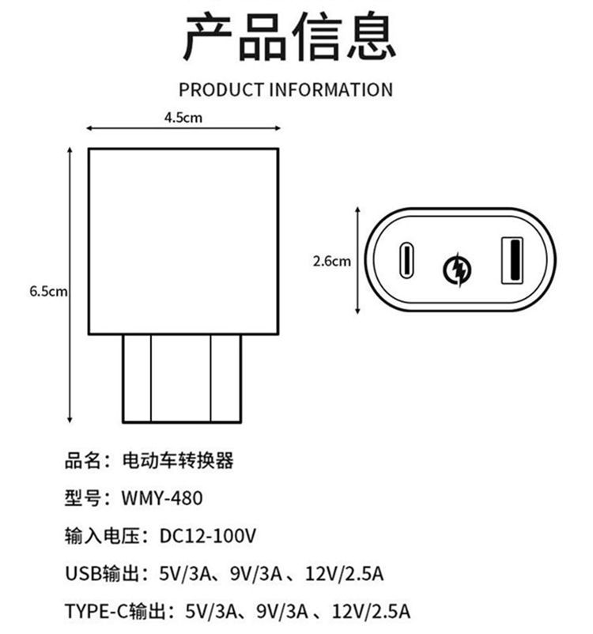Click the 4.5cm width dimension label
(x=183, y=117)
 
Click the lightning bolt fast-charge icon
(x=457, y=269)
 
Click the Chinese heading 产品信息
(x=289, y=36)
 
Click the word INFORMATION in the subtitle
(x=330, y=89)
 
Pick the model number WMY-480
(x=162, y=498)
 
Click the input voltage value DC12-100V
(x=208, y=536)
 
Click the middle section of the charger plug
(x=180, y=379)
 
